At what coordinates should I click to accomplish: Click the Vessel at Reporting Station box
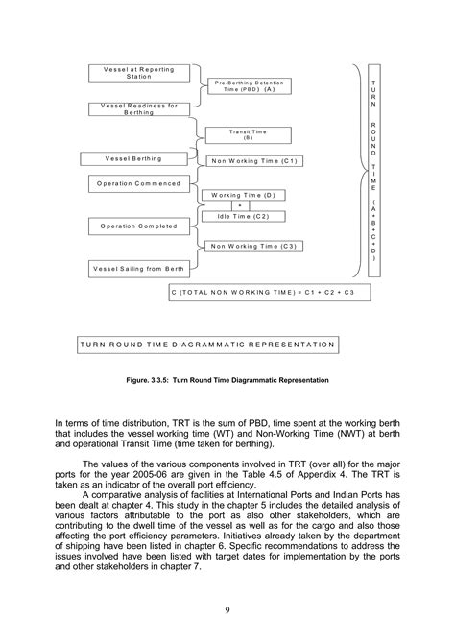click(140, 74)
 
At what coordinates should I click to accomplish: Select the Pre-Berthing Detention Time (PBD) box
click(251, 85)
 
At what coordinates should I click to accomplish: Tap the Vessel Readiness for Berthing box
click(138, 108)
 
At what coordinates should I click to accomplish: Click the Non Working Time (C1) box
click(253, 161)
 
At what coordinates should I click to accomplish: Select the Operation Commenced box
click(140, 180)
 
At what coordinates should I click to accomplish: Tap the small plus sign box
click(241, 205)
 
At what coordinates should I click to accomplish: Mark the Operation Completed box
click(138, 226)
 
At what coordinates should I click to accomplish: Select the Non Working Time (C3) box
click(253, 247)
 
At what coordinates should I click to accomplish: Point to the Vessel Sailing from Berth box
click(138, 269)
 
